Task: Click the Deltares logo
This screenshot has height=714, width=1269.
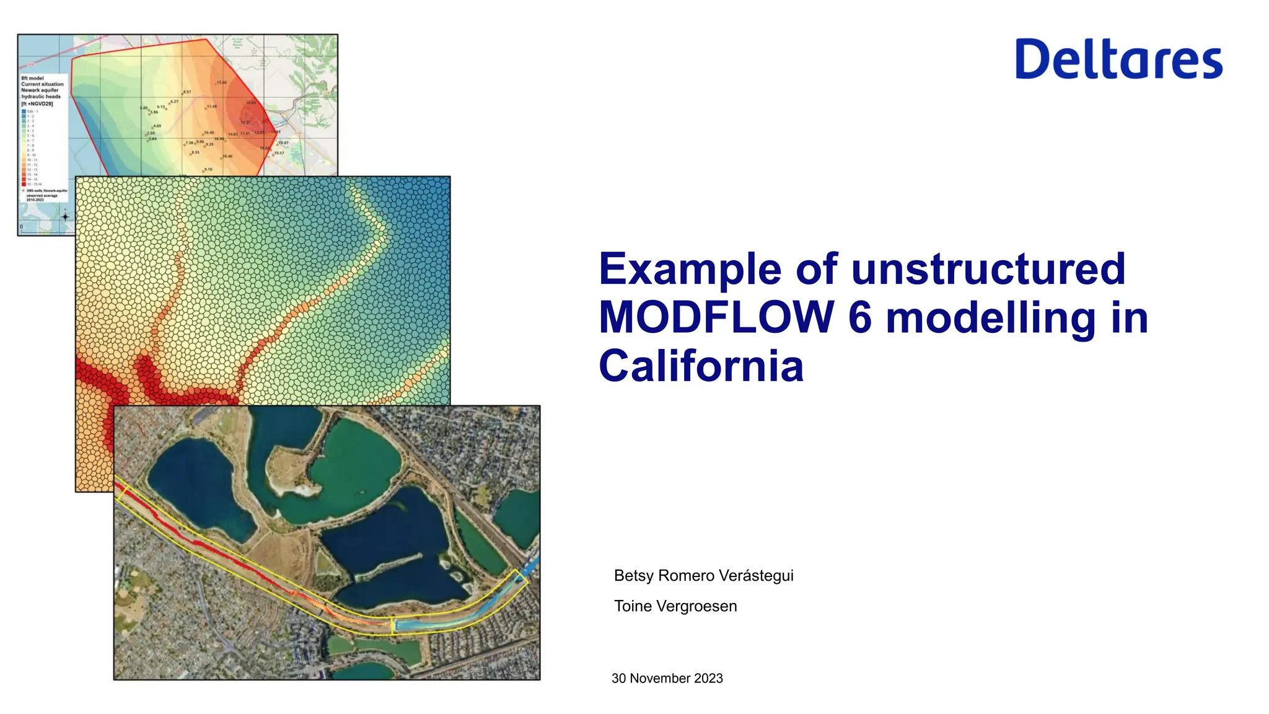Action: pos(1118,59)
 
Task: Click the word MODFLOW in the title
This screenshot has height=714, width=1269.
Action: pos(716,317)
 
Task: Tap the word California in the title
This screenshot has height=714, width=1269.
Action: pos(701,366)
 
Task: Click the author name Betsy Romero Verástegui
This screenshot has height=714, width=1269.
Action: pos(703,575)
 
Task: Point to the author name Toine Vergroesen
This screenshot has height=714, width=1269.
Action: pos(675,606)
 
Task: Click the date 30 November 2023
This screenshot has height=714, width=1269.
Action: pos(667,678)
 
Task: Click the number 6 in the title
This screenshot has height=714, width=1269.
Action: pos(860,317)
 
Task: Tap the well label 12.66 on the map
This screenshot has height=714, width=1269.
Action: pos(221,82)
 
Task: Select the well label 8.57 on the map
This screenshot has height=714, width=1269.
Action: pos(187,92)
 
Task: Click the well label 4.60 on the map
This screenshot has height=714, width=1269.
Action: pos(157,126)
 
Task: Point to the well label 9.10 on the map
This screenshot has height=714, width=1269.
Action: pos(208,169)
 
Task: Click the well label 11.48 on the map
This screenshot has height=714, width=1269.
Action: pos(211,107)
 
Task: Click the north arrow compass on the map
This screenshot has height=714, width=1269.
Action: pos(65,216)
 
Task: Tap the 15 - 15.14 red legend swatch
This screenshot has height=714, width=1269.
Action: pos(24,184)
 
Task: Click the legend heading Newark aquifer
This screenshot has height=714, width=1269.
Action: pos(40,90)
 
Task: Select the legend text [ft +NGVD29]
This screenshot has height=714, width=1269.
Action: pos(37,104)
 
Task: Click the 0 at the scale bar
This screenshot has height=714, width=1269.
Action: pos(22,227)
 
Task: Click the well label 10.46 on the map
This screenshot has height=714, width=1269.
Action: pos(227,156)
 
